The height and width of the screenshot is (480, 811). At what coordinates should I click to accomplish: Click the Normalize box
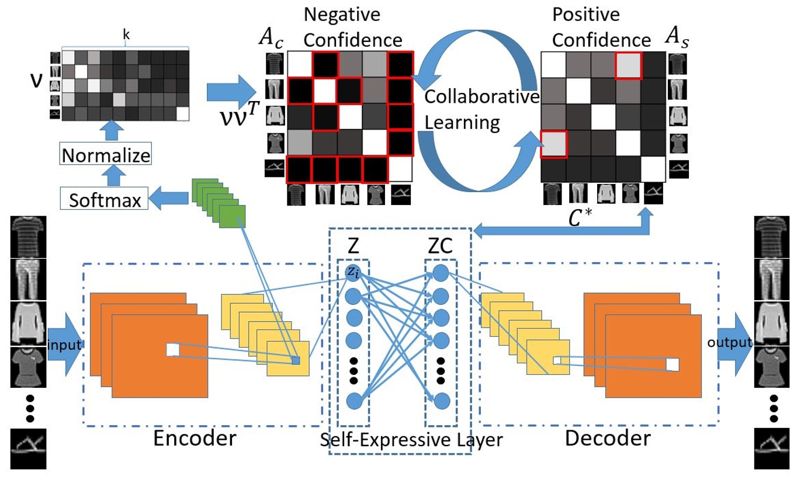pos(106,156)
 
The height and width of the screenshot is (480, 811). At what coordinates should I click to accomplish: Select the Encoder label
pos(195,438)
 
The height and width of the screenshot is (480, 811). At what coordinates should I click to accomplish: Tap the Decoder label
pos(607,438)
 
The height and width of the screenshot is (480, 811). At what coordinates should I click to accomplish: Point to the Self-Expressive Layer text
pos(411,440)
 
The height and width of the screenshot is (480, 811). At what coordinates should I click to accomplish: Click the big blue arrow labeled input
pos(64,345)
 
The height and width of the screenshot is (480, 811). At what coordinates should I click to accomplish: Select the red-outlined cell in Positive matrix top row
pos(628,65)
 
